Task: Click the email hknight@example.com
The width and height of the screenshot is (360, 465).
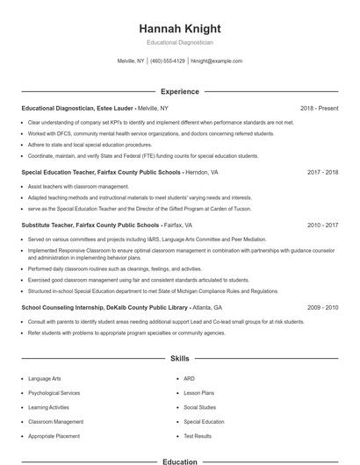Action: [216, 61]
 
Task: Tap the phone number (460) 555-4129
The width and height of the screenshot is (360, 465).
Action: [168, 61]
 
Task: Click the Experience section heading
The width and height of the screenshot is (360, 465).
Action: [179, 91]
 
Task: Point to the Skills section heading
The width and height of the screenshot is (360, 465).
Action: [179, 359]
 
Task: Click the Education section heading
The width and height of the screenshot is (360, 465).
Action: [179, 461]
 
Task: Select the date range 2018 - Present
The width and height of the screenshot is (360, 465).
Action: [319, 108]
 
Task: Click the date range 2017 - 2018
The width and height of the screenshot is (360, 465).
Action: [322, 173]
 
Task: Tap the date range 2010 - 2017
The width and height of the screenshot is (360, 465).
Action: [322, 225]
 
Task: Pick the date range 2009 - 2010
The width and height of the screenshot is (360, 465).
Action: [322, 308]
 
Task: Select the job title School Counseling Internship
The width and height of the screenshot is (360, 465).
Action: [65, 308]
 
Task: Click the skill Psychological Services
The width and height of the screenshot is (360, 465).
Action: [54, 393]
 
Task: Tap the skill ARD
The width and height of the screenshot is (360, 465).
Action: [189, 379]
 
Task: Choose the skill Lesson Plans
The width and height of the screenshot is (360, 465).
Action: [198, 393]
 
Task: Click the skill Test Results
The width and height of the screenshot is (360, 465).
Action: [198, 436]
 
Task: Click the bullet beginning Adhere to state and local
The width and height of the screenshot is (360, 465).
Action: [90, 145]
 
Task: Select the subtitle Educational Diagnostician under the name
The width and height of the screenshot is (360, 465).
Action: [179, 42]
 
